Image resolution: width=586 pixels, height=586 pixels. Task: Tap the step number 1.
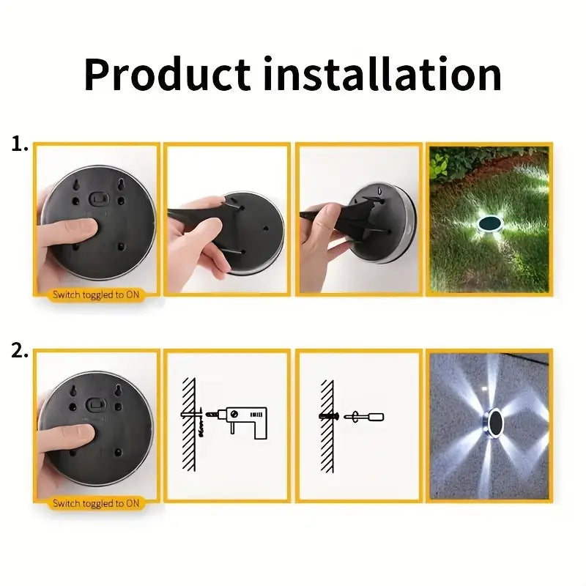[x=19, y=145]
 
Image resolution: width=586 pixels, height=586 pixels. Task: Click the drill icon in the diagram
[x=246, y=422]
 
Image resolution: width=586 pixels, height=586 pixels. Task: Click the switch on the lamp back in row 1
[x=97, y=198]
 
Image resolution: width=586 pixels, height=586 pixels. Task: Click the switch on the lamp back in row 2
[x=97, y=404]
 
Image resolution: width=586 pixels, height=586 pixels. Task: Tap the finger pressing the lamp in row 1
[x=73, y=229]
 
